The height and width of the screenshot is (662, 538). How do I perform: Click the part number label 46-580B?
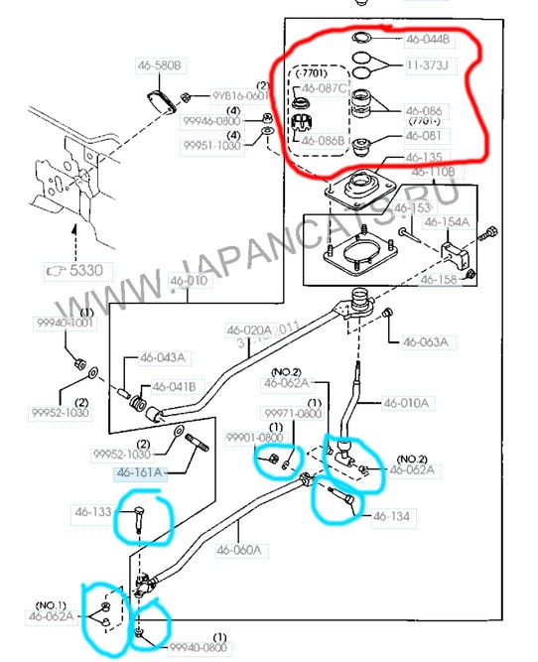pyautogui.click(x=160, y=66)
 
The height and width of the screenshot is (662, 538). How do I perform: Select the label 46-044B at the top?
pyautogui.click(x=428, y=41)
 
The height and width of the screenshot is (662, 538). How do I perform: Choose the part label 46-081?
pyautogui.click(x=423, y=136)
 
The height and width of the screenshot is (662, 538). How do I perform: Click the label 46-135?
pyautogui.click(x=424, y=158)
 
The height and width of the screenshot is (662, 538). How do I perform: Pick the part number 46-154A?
pyautogui.click(x=447, y=222)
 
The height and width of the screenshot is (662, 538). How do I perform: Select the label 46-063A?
pyautogui.click(x=425, y=342)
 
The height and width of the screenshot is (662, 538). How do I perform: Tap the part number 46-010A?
pyautogui.click(x=407, y=403)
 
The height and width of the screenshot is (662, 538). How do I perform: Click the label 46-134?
pyautogui.click(x=391, y=516)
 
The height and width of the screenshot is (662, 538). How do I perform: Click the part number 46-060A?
pyautogui.click(x=239, y=549)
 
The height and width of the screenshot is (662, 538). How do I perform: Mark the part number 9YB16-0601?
pyautogui.click(x=240, y=96)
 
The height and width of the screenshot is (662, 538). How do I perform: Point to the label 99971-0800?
pyautogui.click(x=292, y=412)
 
